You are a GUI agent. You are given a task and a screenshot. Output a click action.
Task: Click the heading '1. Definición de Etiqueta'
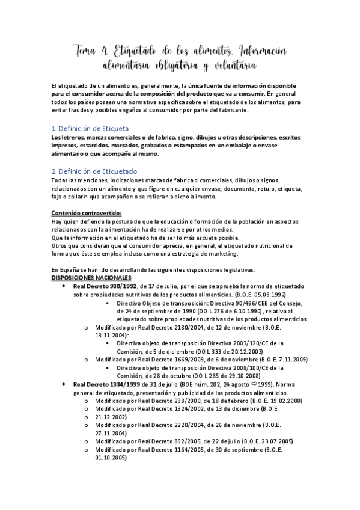coord(90,128)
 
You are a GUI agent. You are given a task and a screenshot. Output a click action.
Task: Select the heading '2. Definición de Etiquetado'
coord(94,171)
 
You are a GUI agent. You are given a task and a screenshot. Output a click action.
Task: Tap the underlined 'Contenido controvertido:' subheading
coord(86,212)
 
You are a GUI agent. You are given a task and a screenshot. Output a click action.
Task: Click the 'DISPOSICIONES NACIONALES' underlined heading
coord(91,278)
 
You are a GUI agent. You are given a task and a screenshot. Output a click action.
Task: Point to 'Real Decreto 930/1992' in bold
coord(105,287)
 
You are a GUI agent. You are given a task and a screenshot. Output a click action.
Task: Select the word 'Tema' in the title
coord(88,49)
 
